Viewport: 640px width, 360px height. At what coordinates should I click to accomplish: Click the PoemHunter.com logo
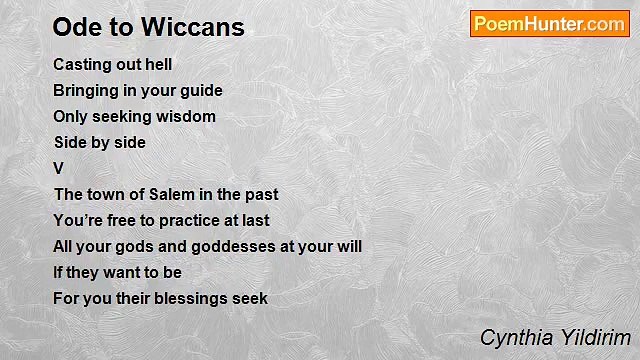pos(549,24)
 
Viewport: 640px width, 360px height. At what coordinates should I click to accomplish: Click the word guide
pos(200,90)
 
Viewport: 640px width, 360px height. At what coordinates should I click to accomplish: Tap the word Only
pos(71,116)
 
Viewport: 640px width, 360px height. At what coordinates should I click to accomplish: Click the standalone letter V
pos(58,168)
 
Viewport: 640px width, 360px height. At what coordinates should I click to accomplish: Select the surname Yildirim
pos(593,337)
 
